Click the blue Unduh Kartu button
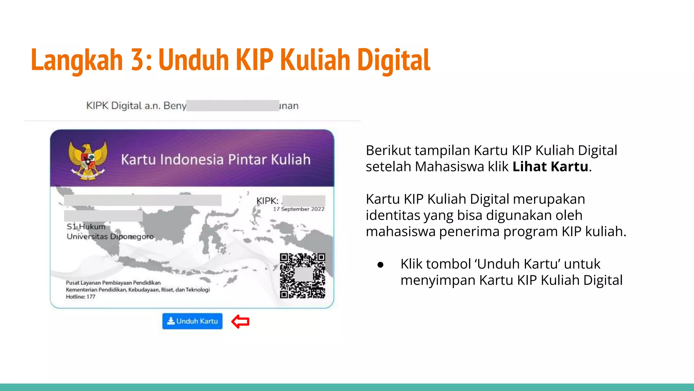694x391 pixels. [x=192, y=321]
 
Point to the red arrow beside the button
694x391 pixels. [x=240, y=321]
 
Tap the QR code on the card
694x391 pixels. [x=302, y=276]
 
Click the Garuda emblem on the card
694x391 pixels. [x=88, y=160]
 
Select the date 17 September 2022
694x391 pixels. [x=299, y=209]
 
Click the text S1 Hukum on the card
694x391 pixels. [x=86, y=226]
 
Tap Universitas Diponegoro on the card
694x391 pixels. [x=110, y=236]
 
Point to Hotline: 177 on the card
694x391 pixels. [x=81, y=297]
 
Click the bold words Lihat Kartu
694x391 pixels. [x=550, y=167]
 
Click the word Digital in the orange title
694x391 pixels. [x=393, y=60]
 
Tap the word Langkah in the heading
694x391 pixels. [x=77, y=60]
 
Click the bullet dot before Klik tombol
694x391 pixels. [x=380, y=265]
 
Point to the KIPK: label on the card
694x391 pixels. [x=267, y=201]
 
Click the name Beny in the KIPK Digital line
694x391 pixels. [x=175, y=106]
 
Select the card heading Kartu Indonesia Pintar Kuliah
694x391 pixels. [x=216, y=160]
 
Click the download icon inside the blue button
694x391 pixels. [x=171, y=321]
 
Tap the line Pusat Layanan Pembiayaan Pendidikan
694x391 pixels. [x=113, y=283]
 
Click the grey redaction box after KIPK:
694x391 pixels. [x=304, y=200]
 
